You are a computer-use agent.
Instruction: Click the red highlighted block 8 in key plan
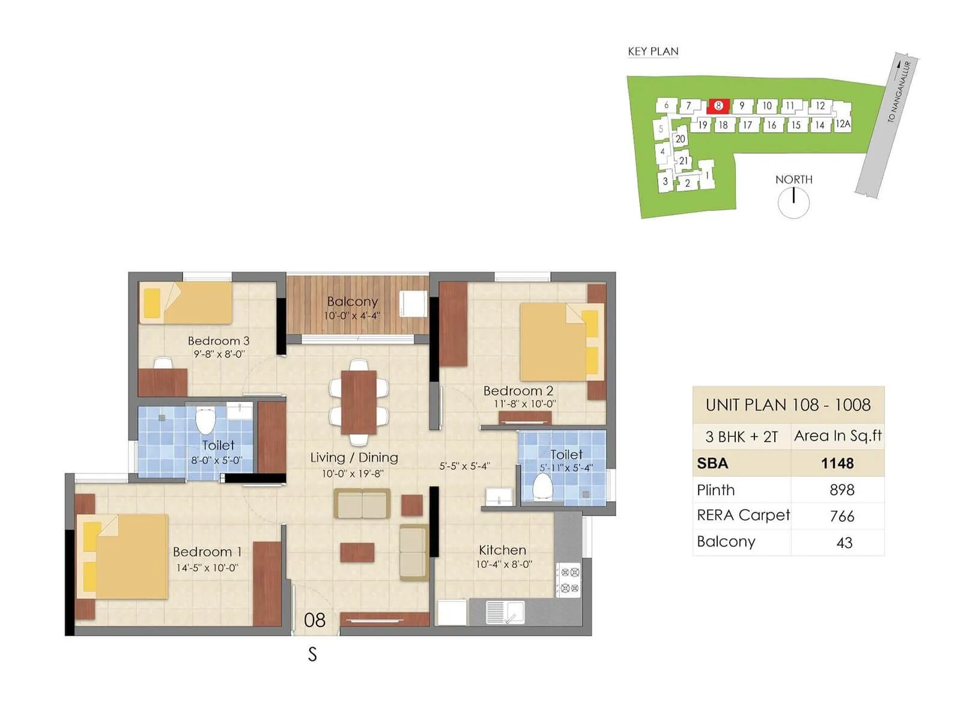(718, 106)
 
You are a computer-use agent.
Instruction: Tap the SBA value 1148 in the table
(837, 463)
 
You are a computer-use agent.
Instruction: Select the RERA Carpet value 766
(842, 516)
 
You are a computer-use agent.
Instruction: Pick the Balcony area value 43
(844, 543)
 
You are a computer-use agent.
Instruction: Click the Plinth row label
(715, 490)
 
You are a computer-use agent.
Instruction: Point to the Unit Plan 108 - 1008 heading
(788, 405)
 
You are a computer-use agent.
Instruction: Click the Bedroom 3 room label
(218, 341)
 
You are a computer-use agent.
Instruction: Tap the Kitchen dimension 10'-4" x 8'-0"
(503, 564)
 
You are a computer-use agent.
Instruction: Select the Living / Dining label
(354, 457)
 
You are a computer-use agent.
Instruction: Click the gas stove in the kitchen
(568, 580)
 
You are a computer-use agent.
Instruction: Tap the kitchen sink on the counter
(505, 612)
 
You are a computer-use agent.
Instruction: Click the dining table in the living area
(359, 402)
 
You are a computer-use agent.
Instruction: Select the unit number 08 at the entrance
(315, 619)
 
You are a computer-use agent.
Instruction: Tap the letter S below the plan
(312, 654)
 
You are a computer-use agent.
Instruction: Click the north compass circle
(793, 202)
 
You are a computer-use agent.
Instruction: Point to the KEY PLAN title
(653, 52)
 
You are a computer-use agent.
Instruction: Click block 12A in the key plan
(843, 124)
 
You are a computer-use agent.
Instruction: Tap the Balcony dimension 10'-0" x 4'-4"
(352, 315)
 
